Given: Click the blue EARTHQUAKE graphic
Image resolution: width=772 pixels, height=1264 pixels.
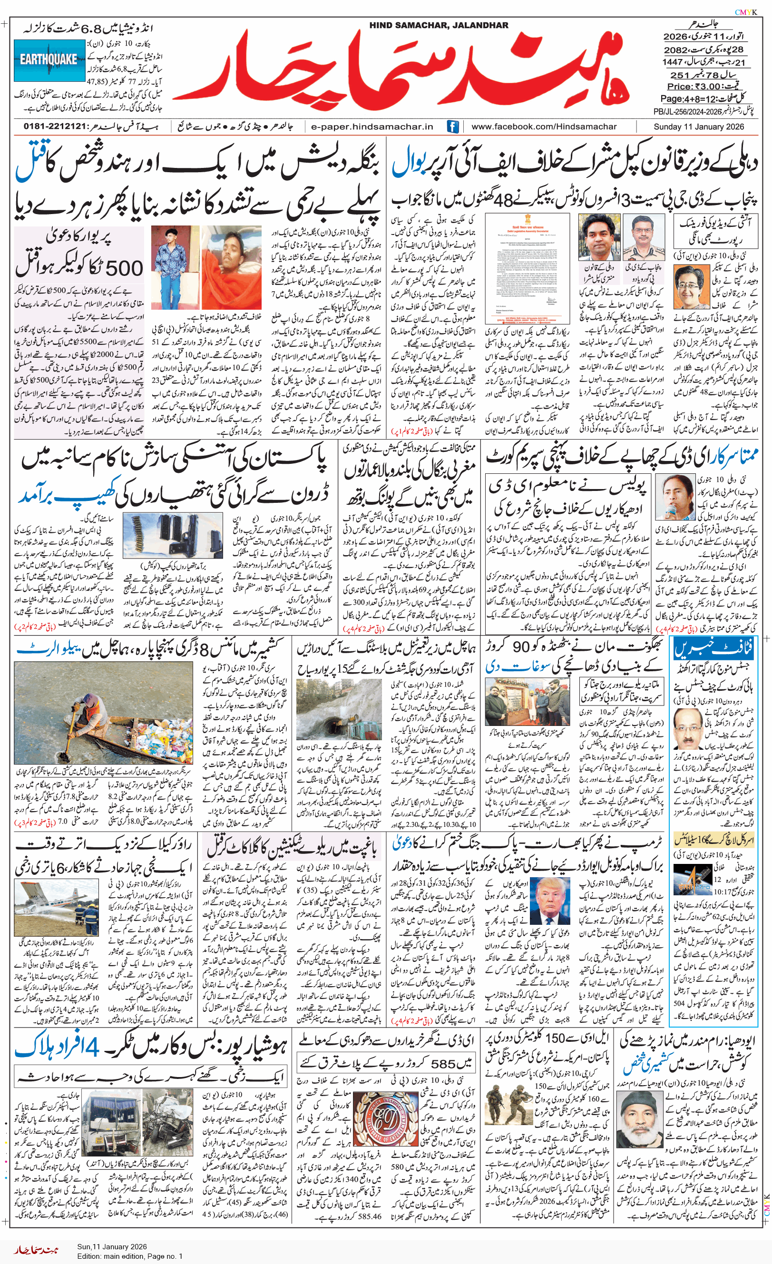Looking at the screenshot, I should click(x=49, y=60).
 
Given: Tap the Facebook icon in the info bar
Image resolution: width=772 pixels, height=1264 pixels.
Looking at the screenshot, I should click(x=452, y=126).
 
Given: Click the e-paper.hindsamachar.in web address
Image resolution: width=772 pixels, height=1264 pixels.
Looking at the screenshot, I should click(x=372, y=126).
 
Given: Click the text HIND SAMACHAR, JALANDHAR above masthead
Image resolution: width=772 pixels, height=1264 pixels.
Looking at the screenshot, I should click(x=439, y=25).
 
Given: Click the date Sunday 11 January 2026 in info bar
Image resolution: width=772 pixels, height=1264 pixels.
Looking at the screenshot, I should click(x=698, y=126).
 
